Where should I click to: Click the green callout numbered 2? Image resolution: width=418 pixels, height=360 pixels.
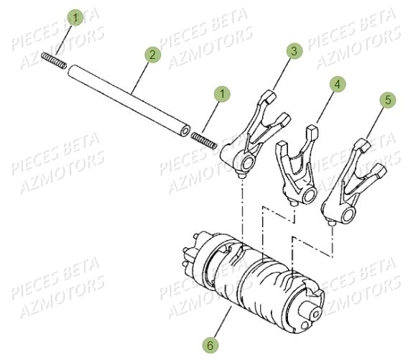click(x=151, y=55)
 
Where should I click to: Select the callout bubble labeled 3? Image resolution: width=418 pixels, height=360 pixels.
click(x=294, y=52)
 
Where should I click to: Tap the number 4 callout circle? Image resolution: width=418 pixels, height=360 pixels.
click(x=335, y=85)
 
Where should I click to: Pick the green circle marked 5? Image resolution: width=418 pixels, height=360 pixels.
click(x=387, y=101)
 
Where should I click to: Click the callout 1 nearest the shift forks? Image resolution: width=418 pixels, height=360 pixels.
click(x=224, y=94)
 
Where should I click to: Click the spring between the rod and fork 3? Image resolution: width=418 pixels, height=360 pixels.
click(x=205, y=139)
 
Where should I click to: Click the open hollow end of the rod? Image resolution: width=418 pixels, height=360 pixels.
click(x=185, y=132)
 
